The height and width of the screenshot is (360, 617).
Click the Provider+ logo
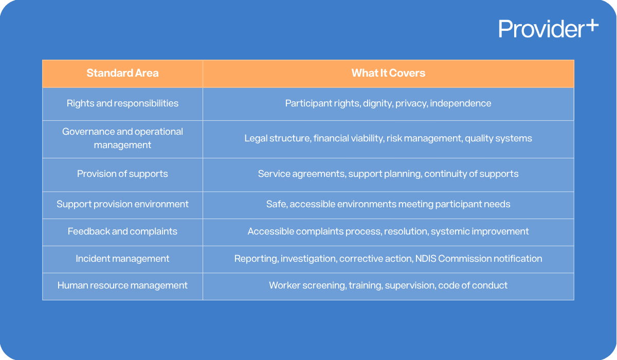click(548, 28)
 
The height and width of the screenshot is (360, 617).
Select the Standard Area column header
click(122, 73)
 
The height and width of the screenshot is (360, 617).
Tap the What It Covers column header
click(388, 73)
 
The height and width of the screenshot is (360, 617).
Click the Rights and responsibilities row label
click(122, 103)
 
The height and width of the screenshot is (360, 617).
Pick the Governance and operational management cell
click(122, 138)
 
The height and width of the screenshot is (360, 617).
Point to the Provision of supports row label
click(122, 174)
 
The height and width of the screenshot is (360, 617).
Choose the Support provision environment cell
click(122, 204)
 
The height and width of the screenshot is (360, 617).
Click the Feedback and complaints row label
click(122, 231)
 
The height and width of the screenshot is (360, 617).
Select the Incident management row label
click(122, 259)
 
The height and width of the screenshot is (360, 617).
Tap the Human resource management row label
click(122, 285)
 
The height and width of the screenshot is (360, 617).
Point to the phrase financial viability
click(348, 138)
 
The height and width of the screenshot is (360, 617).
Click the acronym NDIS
click(426, 259)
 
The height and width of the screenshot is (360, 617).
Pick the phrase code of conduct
click(473, 285)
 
